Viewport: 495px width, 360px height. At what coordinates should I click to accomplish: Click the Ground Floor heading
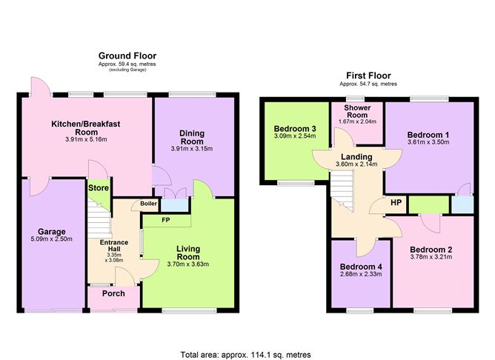[127, 56]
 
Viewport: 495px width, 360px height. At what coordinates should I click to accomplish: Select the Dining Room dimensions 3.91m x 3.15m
[192, 148]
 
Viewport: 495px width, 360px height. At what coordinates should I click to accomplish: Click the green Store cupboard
[99, 188]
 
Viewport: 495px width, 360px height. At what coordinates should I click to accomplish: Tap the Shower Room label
[356, 111]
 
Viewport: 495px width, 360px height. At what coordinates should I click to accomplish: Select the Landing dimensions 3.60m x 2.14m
[356, 164]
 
